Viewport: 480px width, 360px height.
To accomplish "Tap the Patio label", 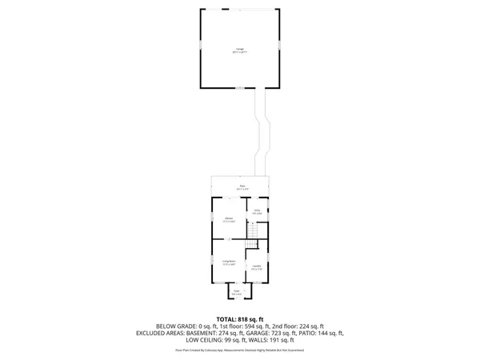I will (241, 186).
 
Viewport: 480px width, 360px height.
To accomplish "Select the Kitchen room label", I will (228, 219).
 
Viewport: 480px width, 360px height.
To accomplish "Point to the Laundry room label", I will (256, 266).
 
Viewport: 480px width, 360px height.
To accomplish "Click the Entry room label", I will (257, 211).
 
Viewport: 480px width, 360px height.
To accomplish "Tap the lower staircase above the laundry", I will (253, 243).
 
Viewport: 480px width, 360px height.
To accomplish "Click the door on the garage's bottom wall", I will (238, 86).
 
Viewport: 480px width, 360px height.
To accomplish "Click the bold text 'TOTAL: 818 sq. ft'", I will (239, 318).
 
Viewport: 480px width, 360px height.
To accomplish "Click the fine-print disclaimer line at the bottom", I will (239, 350).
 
